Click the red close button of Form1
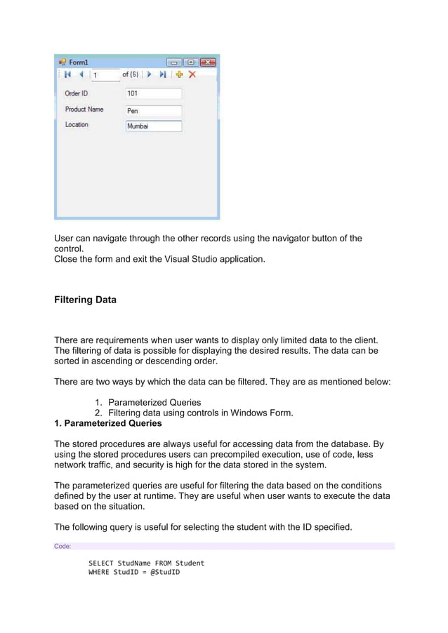[207, 62]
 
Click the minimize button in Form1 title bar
[173, 62]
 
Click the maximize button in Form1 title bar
[190, 62]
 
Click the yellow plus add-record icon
[179, 74]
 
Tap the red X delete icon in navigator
[192, 74]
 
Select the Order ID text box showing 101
[153, 93]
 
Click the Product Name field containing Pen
[153, 110]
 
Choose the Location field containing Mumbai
[153, 126]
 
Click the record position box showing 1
[105, 75]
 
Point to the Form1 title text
[78, 62]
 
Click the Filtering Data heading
[86, 300]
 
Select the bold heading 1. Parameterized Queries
[108, 424]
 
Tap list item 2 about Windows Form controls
[194, 413]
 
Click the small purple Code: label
[62, 546]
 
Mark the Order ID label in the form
[77, 93]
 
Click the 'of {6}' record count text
[130, 74]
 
